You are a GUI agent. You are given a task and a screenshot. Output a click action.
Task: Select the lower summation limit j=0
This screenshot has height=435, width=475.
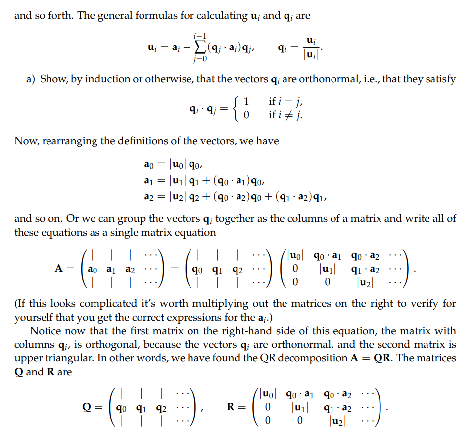200,60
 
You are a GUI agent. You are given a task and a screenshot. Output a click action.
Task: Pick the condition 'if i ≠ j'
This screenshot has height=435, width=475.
285,115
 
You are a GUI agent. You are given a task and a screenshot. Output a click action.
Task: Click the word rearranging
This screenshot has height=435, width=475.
70,141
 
